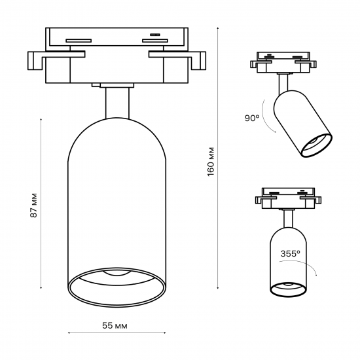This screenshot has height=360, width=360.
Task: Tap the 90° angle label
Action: [252, 118]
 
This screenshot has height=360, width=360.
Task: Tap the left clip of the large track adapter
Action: [36, 62]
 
